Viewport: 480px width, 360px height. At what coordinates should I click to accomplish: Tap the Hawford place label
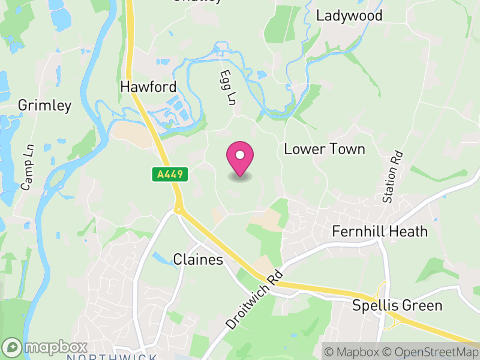tap(148, 86)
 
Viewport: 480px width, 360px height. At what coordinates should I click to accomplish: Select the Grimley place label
tap(44, 106)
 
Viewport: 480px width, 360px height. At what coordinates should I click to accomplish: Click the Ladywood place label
tap(349, 16)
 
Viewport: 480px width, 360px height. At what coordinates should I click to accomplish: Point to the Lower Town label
tap(324, 149)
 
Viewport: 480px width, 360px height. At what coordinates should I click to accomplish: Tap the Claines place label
tap(198, 260)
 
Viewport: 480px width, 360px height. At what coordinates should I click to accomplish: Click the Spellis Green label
tap(398, 305)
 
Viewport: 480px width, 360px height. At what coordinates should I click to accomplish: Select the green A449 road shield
tap(170, 175)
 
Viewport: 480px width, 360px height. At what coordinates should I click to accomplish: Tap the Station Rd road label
tap(393, 177)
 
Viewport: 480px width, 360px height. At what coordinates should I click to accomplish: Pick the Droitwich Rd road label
tap(255, 299)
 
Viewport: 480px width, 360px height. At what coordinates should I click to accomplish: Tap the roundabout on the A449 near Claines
tap(178, 210)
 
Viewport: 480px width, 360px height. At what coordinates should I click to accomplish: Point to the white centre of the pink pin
tap(240, 155)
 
